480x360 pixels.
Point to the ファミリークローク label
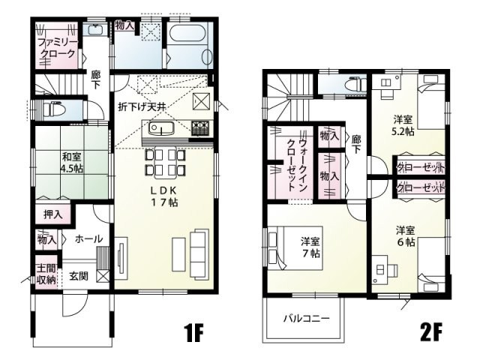pyautogui.click(x=57, y=49)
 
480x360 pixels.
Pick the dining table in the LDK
pyautogui.click(x=165, y=161)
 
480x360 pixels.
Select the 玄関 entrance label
pyautogui.click(x=79, y=276)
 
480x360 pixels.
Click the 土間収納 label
pyautogui.click(x=45, y=274)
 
